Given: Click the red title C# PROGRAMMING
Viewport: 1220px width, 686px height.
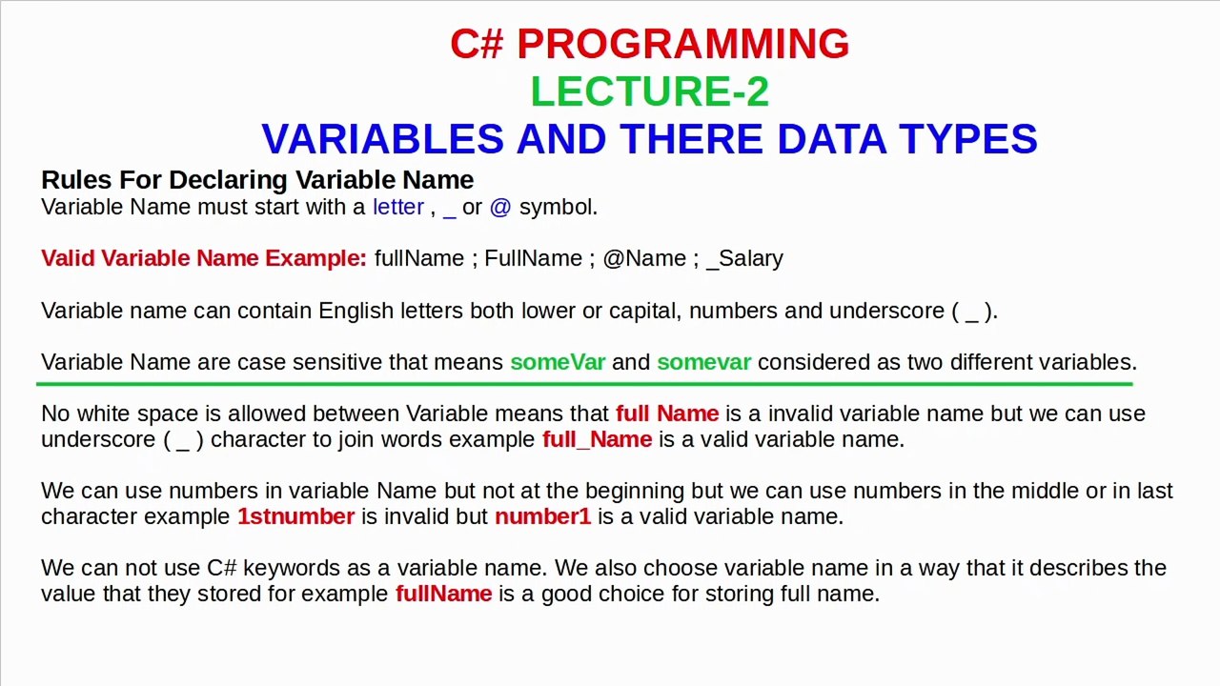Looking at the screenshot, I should tap(649, 45).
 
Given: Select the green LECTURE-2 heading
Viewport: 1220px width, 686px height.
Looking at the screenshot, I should tap(649, 91).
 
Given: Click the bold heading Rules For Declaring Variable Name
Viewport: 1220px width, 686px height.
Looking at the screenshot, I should tap(257, 180).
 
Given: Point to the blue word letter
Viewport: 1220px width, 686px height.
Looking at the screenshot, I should tap(397, 207).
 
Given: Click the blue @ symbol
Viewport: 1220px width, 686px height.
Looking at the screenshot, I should tap(500, 207).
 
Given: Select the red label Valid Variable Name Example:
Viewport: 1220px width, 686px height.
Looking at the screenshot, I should tap(204, 258).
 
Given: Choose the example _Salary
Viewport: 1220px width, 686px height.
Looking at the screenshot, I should tap(744, 258).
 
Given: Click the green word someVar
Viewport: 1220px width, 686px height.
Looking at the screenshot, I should tap(558, 362).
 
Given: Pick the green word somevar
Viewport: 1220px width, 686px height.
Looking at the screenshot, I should tap(703, 362).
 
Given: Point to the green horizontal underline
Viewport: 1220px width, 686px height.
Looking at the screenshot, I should tap(584, 384).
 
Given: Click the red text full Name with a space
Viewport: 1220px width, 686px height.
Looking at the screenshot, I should tap(667, 414).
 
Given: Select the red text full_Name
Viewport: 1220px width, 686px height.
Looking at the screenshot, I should tap(597, 439).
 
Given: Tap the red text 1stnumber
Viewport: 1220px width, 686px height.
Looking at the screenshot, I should tap(295, 516).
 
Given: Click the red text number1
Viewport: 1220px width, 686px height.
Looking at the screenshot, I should tap(542, 516).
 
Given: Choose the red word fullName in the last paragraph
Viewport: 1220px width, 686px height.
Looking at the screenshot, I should tap(443, 594).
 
